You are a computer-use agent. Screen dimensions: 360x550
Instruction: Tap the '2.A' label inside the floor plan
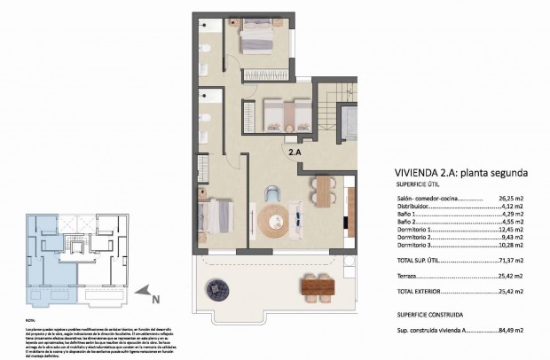click(x=295, y=151)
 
